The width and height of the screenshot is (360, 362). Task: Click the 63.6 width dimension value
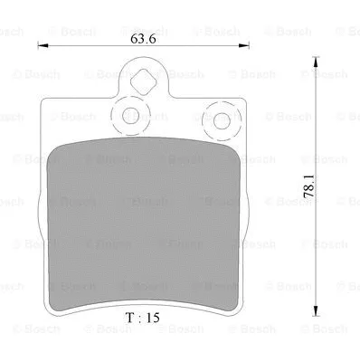pos(139,38)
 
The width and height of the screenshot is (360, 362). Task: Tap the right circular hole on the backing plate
pos(217,118)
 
